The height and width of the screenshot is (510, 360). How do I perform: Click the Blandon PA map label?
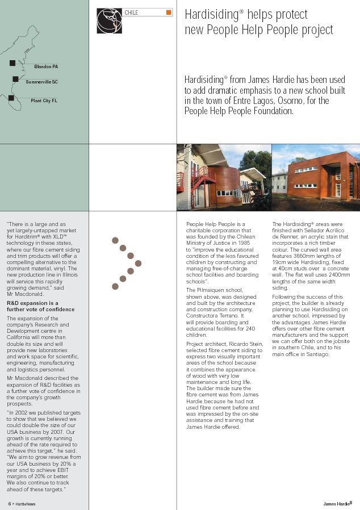tap(45, 66)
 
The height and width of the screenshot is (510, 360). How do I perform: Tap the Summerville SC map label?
tap(41, 82)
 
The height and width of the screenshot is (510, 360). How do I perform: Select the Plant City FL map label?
tap(44, 101)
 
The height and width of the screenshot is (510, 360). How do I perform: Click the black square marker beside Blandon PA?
tap(12, 63)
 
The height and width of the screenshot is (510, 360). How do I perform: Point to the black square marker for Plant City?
tap(11, 98)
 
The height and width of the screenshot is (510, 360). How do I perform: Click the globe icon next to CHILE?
tap(108, 20)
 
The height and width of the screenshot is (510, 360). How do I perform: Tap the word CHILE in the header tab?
tap(131, 12)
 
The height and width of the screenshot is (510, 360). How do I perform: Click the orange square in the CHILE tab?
tap(168, 12)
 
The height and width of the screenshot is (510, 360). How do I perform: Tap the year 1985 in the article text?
tap(244, 243)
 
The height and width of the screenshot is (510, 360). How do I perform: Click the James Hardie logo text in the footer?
tap(337, 504)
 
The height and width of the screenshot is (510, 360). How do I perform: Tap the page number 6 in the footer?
tap(10, 504)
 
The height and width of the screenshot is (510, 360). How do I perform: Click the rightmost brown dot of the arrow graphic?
tap(138, 264)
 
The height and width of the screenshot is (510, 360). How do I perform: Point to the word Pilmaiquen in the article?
tap(211, 290)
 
